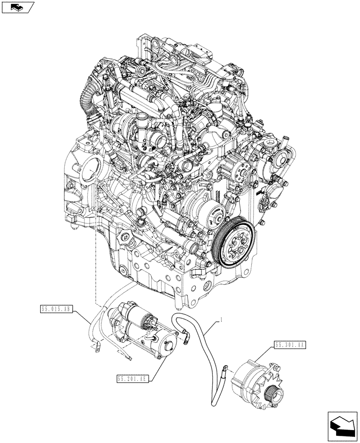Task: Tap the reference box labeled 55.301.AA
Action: pyautogui.click(x=290, y=344)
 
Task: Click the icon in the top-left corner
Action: pyautogui.click(x=18, y=7)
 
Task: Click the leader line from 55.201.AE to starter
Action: pyautogui.click(x=160, y=363)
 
